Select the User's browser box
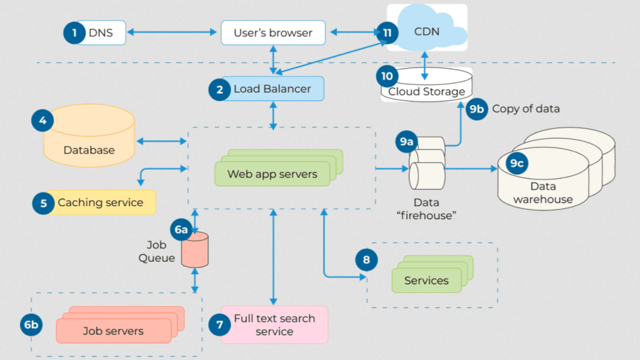[272, 32]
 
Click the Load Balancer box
[272, 89]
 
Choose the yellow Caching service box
[100, 202]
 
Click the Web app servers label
[272, 174]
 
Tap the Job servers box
[113, 331]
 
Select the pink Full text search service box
[274, 324]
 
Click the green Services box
[426, 281]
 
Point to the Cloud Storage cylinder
[426, 86]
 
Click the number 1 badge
[74, 32]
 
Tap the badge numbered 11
[387, 32]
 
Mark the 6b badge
[31, 324]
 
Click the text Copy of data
[526, 109]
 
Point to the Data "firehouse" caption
[426, 208]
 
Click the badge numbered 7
[219, 324]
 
